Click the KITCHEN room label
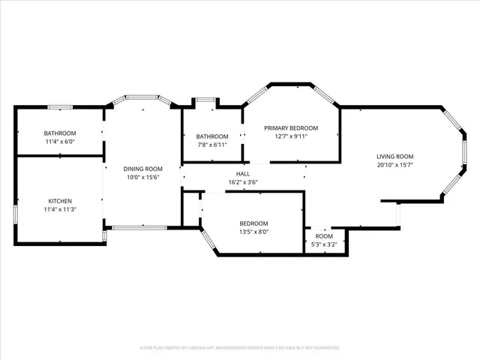click(x=60, y=201)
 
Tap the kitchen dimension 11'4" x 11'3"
click(x=60, y=209)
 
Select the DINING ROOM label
click(x=143, y=169)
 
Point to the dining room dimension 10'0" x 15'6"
click(x=143, y=178)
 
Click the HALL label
click(x=243, y=173)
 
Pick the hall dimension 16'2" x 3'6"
click(x=243, y=182)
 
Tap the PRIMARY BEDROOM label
click(x=291, y=127)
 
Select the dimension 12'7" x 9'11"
click(x=291, y=136)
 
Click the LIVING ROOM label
click(x=395, y=156)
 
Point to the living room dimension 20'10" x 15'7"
click(x=395, y=165)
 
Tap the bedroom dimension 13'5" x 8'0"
click(x=253, y=232)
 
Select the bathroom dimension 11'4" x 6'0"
click(x=60, y=142)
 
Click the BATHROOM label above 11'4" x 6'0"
click(x=60, y=133)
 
